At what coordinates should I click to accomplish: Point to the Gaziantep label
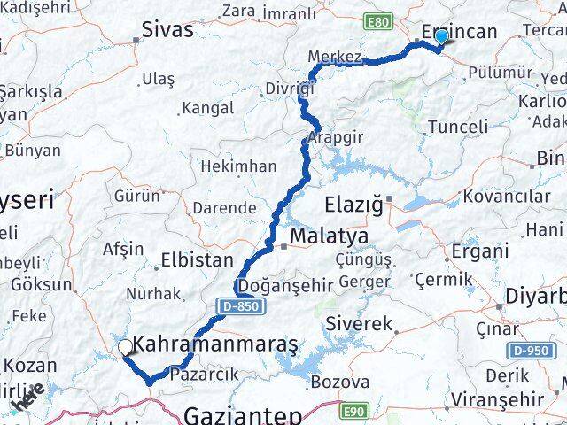[244, 414]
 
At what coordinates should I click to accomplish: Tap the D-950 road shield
[529, 351]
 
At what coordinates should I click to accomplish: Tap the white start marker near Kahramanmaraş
[126, 348]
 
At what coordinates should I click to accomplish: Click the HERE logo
[27, 402]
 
